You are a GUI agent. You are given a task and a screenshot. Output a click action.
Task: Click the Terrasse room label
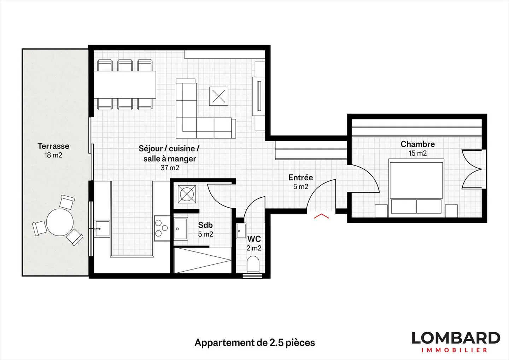(x=53, y=146)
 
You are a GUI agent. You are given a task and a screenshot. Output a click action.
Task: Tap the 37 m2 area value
(x=170, y=168)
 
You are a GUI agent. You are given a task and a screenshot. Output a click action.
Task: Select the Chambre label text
(x=417, y=144)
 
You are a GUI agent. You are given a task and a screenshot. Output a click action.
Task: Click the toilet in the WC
(x=253, y=265)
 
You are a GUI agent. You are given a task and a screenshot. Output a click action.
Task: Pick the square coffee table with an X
(x=218, y=96)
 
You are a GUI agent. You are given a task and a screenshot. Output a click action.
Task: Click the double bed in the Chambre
(x=416, y=187)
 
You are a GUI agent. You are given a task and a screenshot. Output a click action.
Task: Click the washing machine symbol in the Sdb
(x=187, y=194)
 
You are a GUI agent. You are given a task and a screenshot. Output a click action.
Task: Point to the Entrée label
(x=300, y=178)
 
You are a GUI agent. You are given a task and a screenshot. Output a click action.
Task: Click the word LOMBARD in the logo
(x=456, y=338)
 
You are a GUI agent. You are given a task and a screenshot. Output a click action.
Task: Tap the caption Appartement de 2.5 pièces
(x=255, y=343)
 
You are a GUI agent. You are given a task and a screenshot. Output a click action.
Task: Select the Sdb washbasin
(x=181, y=229)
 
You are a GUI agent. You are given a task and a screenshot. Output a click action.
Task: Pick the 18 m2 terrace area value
(x=53, y=155)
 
